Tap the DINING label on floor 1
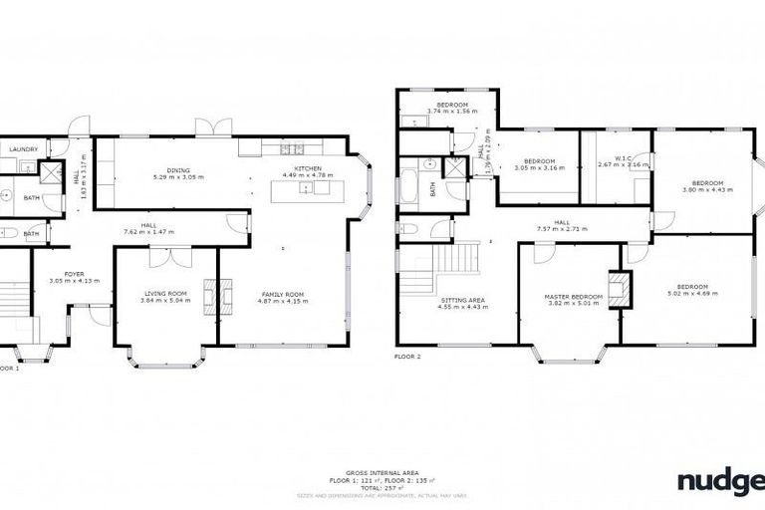pos(178,170)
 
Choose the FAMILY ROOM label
pos(282,295)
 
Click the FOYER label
pos(75,274)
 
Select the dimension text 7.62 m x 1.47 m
pos(148,232)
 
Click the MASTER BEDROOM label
pos(573,296)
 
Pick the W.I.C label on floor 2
pos(624,158)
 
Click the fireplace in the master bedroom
pos(621,289)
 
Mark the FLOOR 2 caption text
pos(408,356)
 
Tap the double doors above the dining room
pos(207,127)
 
